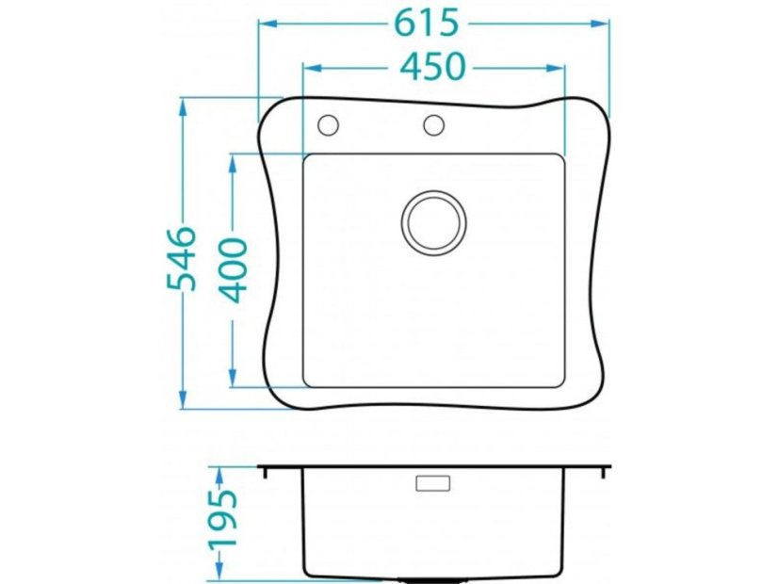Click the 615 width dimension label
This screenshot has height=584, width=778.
coord(426,23)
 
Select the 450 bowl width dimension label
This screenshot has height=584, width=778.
coord(432,66)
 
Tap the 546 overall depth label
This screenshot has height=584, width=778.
coord(181,258)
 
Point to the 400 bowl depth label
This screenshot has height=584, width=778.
coord(234,270)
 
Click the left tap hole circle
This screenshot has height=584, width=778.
coord(328,125)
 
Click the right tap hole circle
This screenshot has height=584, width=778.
coord(433,125)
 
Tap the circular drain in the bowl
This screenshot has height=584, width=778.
coord(433,223)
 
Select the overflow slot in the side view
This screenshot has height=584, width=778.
coord(432,483)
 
